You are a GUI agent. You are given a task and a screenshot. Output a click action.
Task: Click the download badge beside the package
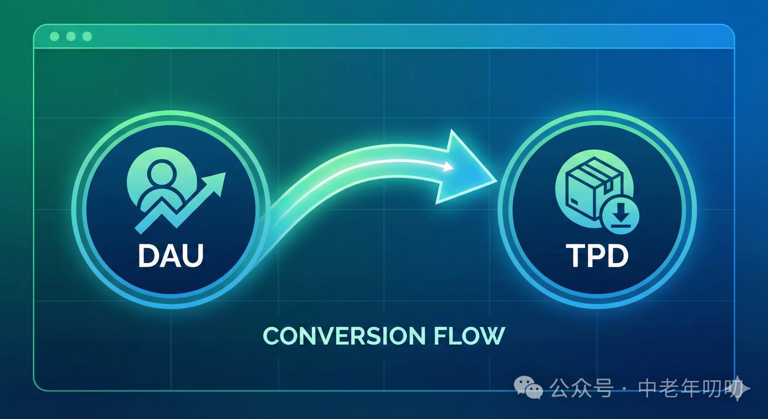pyautogui.click(x=621, y=217)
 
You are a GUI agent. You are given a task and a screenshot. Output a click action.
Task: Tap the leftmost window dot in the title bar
pyautogui.click(x=55, y=37)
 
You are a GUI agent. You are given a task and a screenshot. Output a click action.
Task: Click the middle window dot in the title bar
pyautogui.click(x=71, y=37)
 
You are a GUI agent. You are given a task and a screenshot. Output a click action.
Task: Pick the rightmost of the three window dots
pyautogui.click(x=87, y=37)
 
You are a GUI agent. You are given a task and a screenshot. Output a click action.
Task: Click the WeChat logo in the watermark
pyautogui.click(x=528, y=388)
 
